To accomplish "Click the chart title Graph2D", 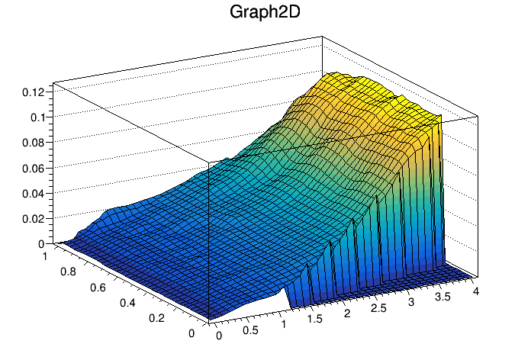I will [x=265, y=13].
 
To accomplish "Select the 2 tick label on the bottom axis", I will [x=348, y=314].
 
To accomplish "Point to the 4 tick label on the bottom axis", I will [x=475, y=291].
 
